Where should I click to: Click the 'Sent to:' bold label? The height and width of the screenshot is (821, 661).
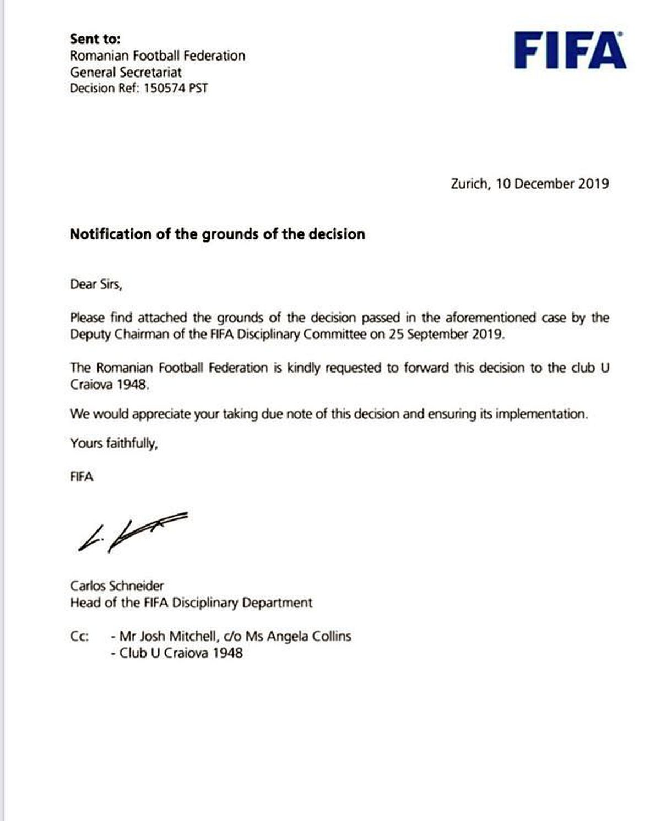[95, 39]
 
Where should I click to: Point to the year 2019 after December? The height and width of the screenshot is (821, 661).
[593, 184]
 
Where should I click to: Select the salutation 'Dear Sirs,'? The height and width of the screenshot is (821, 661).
[96, 284]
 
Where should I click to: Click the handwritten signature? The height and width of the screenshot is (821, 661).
[132, 532]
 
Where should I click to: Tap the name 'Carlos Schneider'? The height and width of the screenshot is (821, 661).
[117, 586]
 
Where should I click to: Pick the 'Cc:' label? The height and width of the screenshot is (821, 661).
[79, 637]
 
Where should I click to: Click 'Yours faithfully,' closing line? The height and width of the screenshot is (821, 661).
[114, 444]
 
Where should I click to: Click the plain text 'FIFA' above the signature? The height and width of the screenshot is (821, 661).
[82, 477]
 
